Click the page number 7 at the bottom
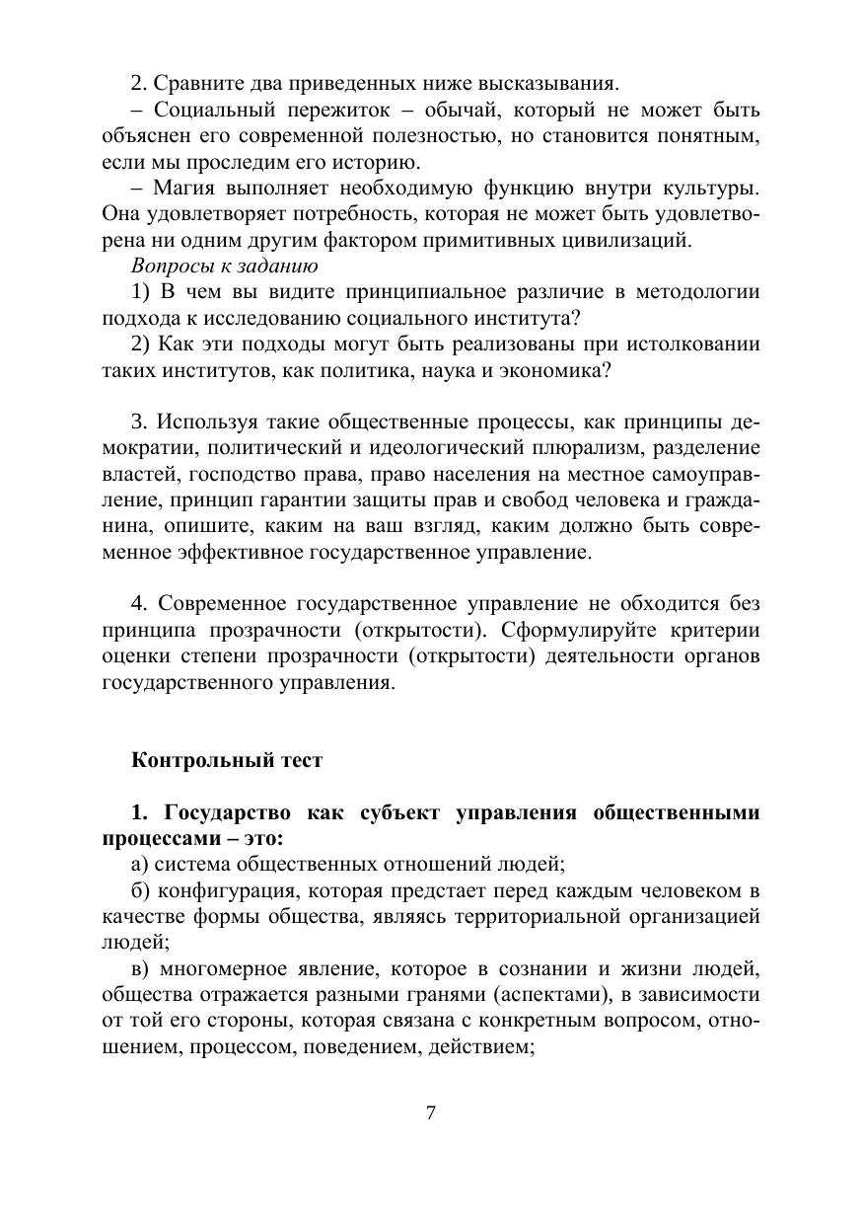[x=431, y=1112]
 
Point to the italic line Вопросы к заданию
[x=224, y=266]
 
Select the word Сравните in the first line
[x=196, y=82]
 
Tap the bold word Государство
[x=227, y=813]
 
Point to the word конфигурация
[x=216, y=890]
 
